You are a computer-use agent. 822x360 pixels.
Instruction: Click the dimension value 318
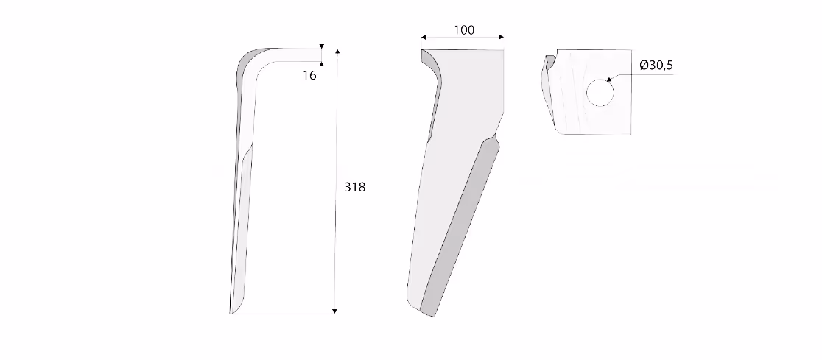click(x=354, y=187)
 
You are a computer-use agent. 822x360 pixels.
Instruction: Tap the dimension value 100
click(x=464, y=30)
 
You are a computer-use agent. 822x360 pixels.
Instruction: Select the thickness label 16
click(x=309, y=75)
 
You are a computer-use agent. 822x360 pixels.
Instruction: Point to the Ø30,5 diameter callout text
click(x=656, y=66)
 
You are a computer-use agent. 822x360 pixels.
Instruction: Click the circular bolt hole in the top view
click(x=600, y=93)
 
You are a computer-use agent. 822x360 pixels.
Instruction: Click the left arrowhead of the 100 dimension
click(x=424, y=38)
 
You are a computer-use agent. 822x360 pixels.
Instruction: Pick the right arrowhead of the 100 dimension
click(x=501, y=38)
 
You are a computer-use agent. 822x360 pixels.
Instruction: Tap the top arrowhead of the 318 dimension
click(x=337, y=52)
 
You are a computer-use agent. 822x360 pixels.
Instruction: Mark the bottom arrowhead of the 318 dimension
click(x=334, y=311)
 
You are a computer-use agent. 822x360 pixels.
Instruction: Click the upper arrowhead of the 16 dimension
click(x=321, y=46)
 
